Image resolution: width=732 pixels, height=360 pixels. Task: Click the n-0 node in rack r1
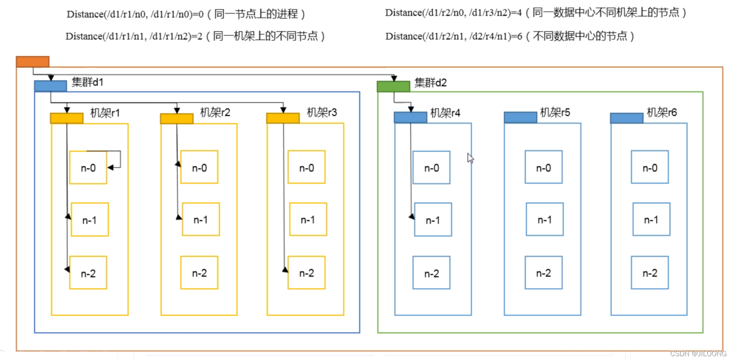point(88,167)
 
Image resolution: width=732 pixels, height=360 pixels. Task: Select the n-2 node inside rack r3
point(306,273)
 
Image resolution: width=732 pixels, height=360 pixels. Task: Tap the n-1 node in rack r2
point(201,220)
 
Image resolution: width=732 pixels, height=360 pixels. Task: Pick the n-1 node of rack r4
point(433,220)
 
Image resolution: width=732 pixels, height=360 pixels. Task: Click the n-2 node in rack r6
point(649,273)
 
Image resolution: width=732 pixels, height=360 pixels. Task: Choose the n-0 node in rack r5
point(543,167)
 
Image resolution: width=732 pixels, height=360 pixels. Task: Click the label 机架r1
point(105,113)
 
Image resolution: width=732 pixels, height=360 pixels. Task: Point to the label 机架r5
point(555,112)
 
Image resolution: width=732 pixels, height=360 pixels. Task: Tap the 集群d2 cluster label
point(430,83)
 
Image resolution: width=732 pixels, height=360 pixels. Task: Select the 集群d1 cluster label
point(87,82)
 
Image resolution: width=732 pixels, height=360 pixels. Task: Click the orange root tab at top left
point(33,62)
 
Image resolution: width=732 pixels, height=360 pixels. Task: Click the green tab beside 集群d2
point(393,86)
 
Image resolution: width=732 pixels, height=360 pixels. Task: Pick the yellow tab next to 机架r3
point(283,118)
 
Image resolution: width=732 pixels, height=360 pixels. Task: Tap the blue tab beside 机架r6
point(626,118)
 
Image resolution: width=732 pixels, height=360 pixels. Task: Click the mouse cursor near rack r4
point(470,158)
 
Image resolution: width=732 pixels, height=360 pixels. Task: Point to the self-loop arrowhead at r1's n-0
point(111,167)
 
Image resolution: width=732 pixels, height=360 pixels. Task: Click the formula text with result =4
point(535,13)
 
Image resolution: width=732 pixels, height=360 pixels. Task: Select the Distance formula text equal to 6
point(509,36)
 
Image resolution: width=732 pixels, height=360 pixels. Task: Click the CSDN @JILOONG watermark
point(698,353)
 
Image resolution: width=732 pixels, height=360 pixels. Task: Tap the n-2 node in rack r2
point(199,273)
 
